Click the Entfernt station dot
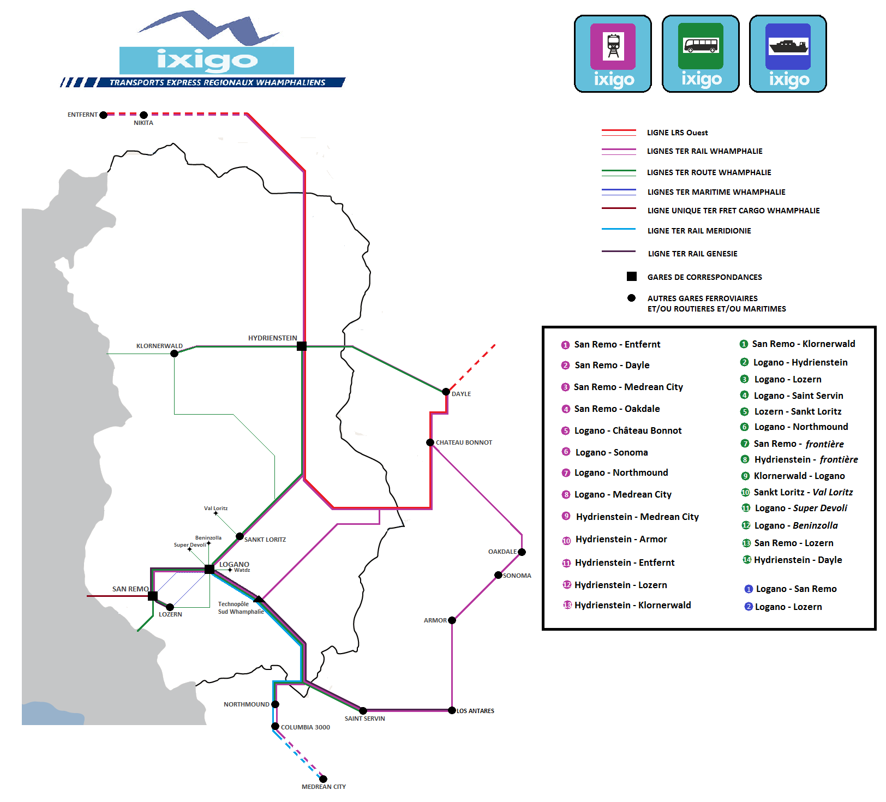coord(103,115)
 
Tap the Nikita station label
coord(143,123)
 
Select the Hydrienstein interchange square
coord(302,346)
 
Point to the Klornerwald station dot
coord(174,354)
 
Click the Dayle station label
coord(461,394)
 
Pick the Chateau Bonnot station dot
coord(430,442)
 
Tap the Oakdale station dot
coord(522,552)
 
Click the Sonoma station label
coord(517,576)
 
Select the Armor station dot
coord(452,620)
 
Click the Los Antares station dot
coord(452,710)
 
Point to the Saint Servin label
coord(364,719)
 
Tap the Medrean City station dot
coord(323,779)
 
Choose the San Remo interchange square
coord(153,596)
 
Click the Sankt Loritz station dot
coord(240,536)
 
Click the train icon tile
coord(613,46)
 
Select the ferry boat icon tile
coord(788,46)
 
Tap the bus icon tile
coord(701,46)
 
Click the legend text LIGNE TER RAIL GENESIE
coord(692,254)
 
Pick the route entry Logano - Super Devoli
coord(800,508)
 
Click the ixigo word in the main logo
coord(207,60)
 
